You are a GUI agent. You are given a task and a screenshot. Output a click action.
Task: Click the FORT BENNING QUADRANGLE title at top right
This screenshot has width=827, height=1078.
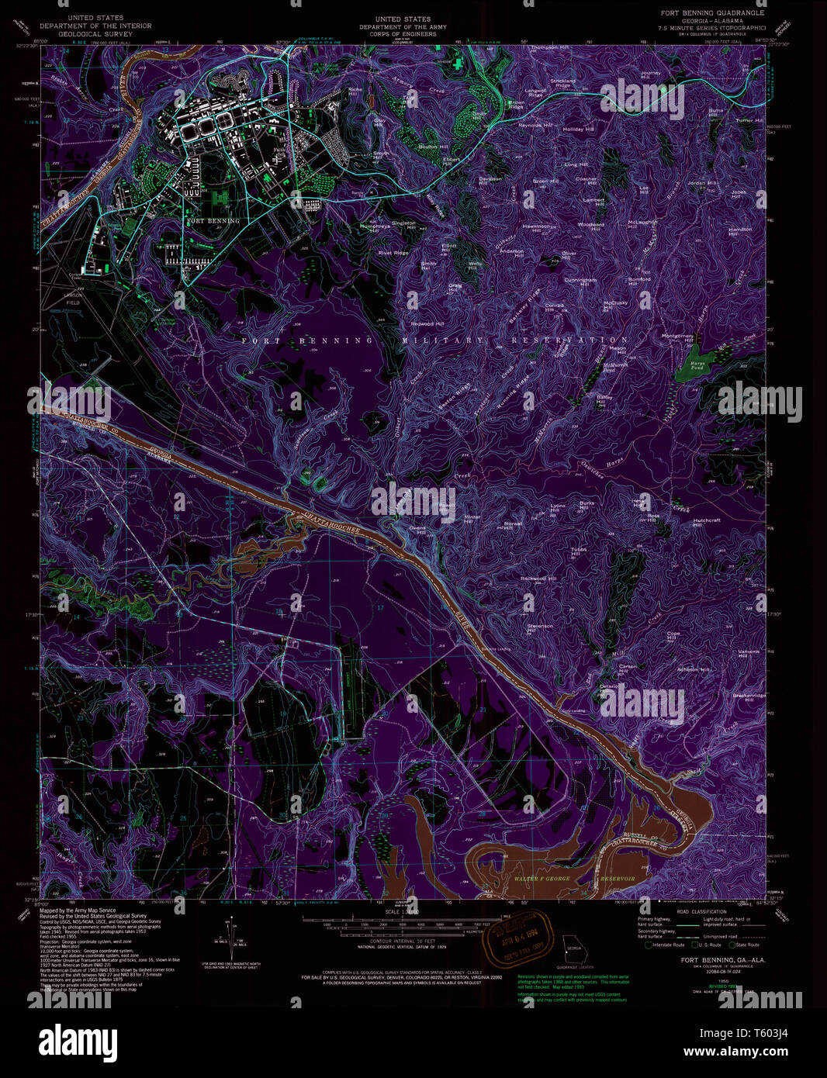coord(712,13)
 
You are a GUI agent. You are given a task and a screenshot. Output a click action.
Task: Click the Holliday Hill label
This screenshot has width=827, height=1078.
coord(578,130)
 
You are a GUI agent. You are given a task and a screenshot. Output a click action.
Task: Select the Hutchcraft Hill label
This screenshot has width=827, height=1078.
coord(707,523)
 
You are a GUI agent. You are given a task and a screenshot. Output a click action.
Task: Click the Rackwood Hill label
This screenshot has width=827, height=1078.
coord(538,579)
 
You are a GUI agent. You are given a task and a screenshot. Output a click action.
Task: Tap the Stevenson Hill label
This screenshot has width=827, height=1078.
coord(540,627)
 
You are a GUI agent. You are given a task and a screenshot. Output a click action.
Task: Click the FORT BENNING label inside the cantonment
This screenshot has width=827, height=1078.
coord(213,221)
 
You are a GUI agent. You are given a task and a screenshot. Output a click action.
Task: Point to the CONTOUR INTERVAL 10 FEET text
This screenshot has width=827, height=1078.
coord(399,942)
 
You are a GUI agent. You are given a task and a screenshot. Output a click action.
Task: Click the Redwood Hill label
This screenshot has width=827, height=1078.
coord(427,323)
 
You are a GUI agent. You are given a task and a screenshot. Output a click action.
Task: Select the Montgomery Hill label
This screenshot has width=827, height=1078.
coord(677,338)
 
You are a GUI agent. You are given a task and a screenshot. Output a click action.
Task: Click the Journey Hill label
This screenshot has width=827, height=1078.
coord(650,74)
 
